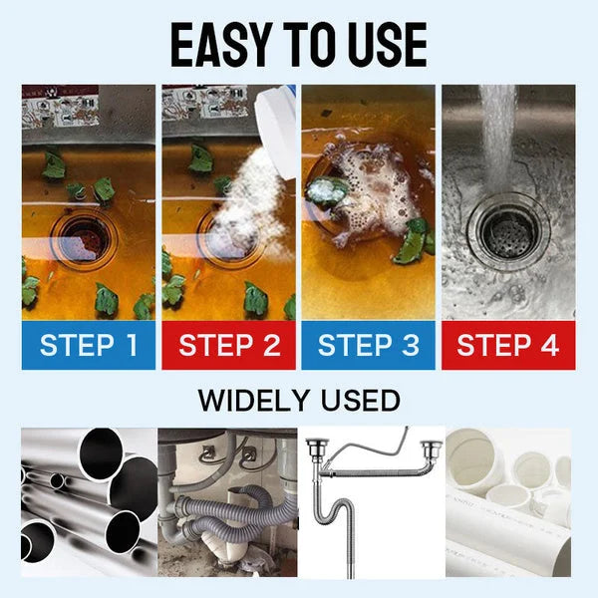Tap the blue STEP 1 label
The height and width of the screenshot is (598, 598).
88,346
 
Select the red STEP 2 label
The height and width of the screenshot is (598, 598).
228,346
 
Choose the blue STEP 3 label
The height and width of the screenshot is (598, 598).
368,346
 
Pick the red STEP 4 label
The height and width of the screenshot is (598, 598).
508,346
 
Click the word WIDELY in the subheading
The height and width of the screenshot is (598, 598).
257,402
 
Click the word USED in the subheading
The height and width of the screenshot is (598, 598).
359,402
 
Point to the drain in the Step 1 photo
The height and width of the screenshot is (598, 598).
85,235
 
